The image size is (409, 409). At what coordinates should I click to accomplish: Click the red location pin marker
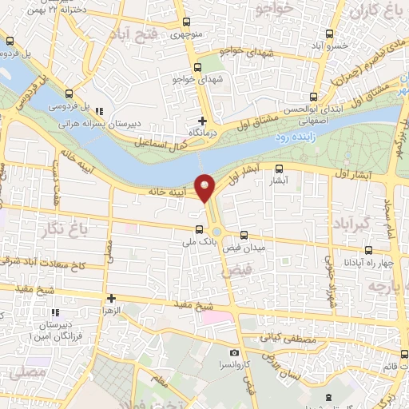205,187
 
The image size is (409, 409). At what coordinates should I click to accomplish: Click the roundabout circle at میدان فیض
217,232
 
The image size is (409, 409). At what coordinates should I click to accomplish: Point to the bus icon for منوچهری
186,23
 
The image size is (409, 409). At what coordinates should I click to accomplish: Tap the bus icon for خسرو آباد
330,34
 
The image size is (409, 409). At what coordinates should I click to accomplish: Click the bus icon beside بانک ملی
198,230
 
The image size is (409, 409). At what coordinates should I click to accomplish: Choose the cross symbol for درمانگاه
202,121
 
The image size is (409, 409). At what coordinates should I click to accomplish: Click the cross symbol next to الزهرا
112,298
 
